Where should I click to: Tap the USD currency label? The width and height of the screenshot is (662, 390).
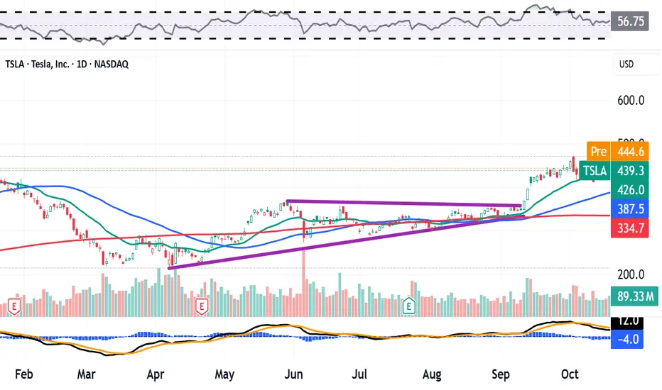coord(626,65)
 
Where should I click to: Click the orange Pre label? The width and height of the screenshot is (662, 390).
coord(599,151)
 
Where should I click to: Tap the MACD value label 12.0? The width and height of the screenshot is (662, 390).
coord(629,321)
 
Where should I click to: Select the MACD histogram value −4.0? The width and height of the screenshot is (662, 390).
coord(629,338)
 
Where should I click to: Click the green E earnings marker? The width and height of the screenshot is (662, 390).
coord(408,306)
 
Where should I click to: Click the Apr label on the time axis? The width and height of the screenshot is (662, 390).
coord(157,374)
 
